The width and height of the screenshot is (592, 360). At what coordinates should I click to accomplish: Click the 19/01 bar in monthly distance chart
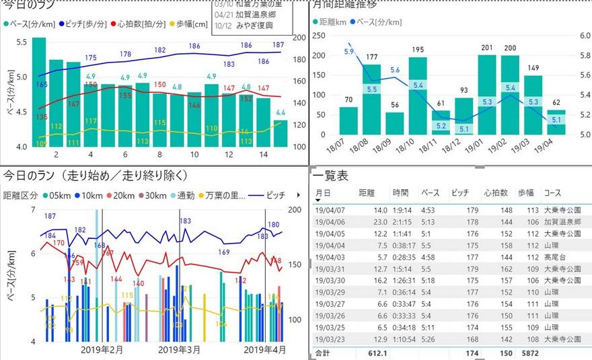[487, 94]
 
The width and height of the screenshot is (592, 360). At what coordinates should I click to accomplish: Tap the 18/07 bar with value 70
[348, 120]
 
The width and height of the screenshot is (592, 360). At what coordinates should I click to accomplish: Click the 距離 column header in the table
[369, 193]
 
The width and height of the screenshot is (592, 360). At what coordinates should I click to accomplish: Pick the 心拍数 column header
[495, 193]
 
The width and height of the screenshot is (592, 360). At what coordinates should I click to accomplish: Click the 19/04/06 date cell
[330, 221]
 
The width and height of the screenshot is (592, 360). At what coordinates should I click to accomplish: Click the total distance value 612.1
[377, 353]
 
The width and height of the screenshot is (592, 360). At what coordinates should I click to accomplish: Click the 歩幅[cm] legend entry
[190, 24]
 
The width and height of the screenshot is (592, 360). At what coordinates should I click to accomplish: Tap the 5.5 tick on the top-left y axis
[20, 42]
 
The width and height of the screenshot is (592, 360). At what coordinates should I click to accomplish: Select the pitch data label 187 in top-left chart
[278, 44]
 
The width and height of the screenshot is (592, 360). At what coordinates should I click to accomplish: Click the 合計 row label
[323, 353]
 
